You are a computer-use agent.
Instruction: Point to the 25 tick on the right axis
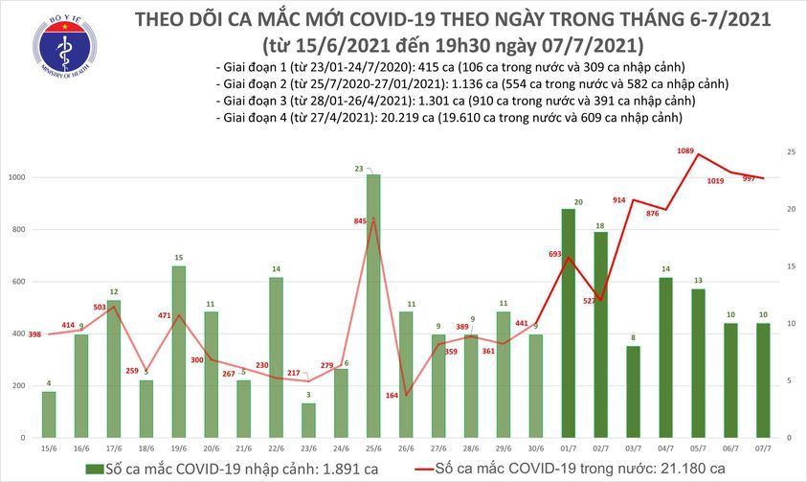[791, 152]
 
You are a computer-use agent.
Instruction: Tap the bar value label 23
[359, 169]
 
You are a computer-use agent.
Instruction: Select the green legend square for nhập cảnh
[93, 468]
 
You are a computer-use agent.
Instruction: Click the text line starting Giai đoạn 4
[448, 118]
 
